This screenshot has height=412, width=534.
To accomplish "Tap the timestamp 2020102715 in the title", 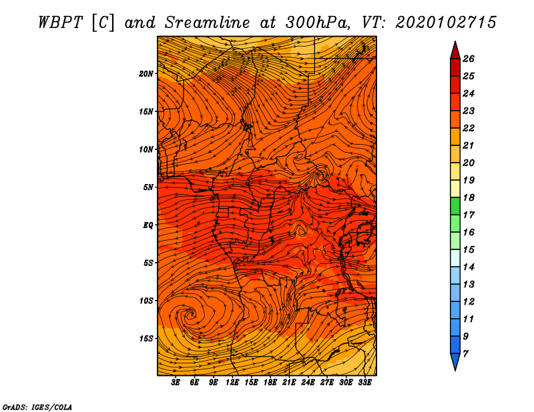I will pos(446,22).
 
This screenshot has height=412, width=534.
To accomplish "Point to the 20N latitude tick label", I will pos(146,73).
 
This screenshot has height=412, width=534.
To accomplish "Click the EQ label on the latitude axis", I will pos(148,225).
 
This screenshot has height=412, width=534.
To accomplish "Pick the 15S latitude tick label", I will pos(146,339).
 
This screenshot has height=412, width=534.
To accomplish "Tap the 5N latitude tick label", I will pos(148,187).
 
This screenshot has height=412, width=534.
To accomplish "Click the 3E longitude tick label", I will pos(176,382).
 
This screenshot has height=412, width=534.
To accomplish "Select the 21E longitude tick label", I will pos(289,382).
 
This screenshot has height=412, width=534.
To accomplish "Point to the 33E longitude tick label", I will pos(364,382).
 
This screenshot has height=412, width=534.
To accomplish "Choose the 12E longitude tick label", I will pos(232,382).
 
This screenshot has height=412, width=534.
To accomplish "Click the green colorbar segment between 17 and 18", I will pos(455,206).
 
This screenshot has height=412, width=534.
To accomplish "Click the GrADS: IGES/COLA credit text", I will pos(37,406).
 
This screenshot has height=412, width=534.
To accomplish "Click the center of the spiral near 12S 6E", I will pos(192,312).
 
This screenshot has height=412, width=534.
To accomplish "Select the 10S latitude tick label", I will pos(146,301).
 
